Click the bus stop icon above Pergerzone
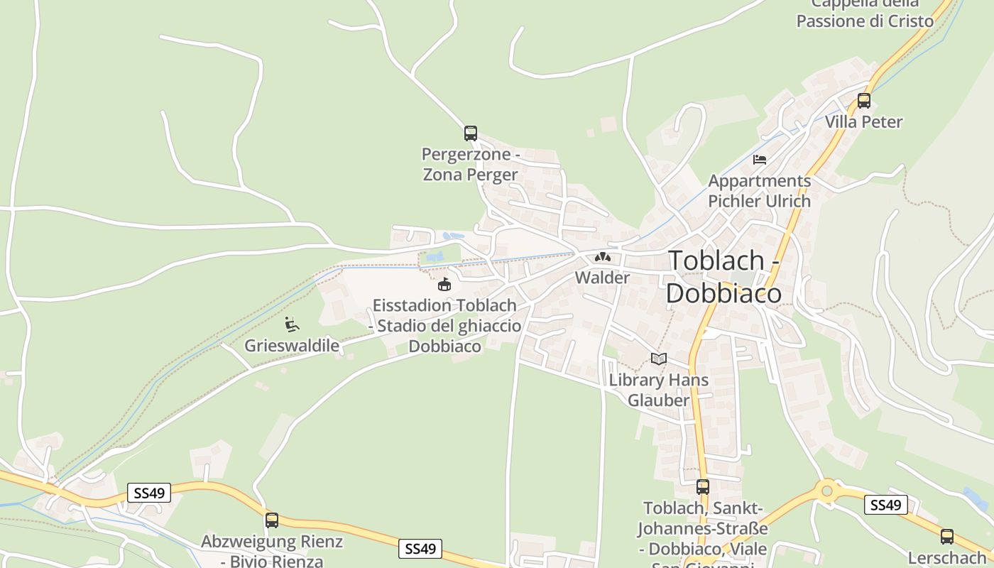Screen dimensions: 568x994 pos(470,133)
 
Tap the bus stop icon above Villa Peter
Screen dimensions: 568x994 pos(863,101)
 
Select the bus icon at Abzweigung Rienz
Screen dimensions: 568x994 pos(271,520)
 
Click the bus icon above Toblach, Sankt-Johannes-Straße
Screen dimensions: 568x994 pos(702,487)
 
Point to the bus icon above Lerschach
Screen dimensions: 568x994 pos(946,537)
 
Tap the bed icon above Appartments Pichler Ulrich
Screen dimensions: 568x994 pos(760,160)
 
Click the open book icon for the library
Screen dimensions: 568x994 pos(659,359)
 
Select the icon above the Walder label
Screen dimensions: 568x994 pos(602,256)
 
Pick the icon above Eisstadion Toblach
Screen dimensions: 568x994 pos(444,285)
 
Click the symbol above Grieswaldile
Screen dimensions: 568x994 pos(291,324)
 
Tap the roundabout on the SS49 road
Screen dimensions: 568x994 pos(826,490)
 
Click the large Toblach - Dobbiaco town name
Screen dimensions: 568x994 pos(723,277)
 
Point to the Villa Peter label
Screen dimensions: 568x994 pos(863,122)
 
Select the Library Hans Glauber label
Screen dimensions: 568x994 pos(659,390)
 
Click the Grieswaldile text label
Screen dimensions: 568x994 pos(292,346)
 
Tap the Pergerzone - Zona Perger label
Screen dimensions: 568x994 pos(470,164)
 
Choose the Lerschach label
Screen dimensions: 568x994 pos(947,558)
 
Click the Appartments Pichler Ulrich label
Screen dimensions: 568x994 pos(759,191)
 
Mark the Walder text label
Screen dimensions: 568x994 pos(602,278)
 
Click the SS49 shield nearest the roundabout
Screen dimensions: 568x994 pos(886,505)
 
